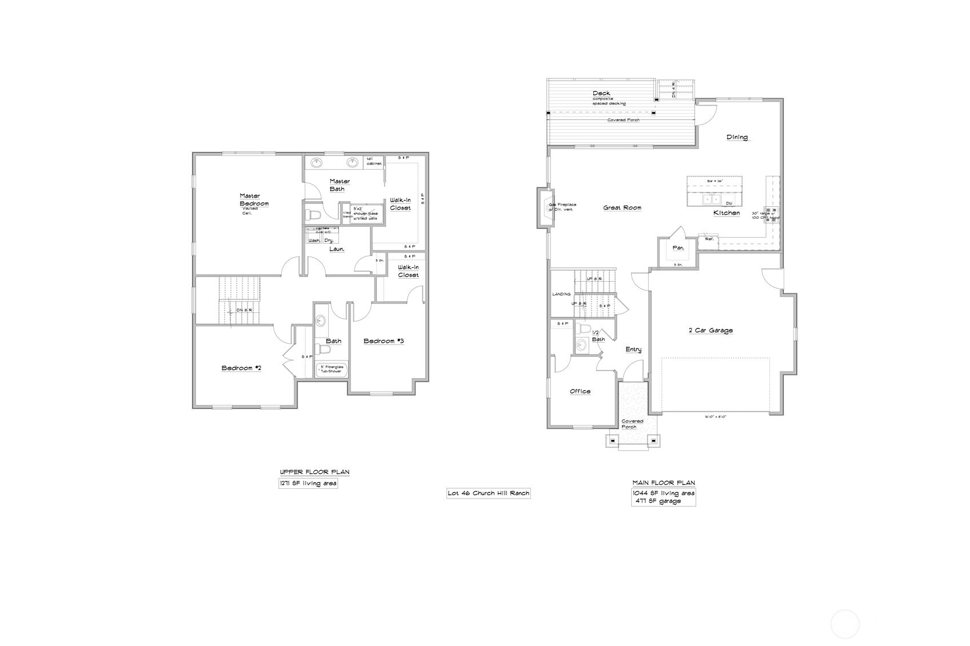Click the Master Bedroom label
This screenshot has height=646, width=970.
(x=253, y=199)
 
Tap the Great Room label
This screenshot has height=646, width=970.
(x=622, y=208)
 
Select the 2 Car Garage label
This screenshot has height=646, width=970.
(x=710, y=330)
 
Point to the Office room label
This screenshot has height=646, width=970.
(x=580, y=391)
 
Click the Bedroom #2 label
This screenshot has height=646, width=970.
(x=241, y=368)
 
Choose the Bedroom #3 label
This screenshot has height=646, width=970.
(x=384, y=341)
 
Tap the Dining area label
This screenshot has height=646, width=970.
(x=737, y=137)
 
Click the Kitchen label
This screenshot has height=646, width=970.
(x=726, y=213)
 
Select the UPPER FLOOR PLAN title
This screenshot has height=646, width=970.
(x=314, y=472)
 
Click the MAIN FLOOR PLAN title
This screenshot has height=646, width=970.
(x=663, y=483)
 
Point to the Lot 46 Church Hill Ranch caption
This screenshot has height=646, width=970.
(x=488, y=493)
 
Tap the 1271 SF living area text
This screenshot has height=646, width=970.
(x=308, y=483)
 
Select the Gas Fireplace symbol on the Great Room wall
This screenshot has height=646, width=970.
(x=542, y=208)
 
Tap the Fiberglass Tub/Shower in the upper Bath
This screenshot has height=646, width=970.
(x=332, y=370)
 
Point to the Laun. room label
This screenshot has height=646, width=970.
(x=337, y=249)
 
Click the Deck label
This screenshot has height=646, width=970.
(x=601, y=93)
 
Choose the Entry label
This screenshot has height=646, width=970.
(x=633, y=350)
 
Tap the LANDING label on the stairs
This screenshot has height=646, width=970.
(x=561, y=294)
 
